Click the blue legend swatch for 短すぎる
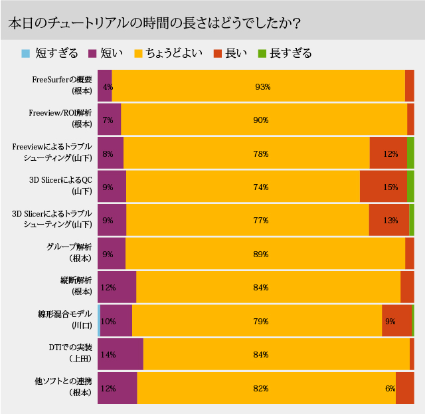click(x=26, y=53)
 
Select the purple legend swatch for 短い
click(x=92, y=53)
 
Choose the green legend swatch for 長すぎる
click(x=281, y=53)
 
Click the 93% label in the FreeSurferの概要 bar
click(x=262, y=86)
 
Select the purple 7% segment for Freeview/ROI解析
click(x=110, y=120)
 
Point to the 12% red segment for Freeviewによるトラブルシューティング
click(x=388, y=154)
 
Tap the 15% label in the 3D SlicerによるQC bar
click(x=390, y=187)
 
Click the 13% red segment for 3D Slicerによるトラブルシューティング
click(x=388, y=221)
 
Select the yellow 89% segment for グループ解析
click(x=265, y=254)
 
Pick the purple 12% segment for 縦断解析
click(x=117, y=288)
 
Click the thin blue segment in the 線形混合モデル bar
click(x=99, y=321)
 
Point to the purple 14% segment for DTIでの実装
click(x=120, y=354)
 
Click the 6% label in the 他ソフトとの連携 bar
click(x=390, y=388)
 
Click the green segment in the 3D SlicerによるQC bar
click(x=410, y=187)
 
